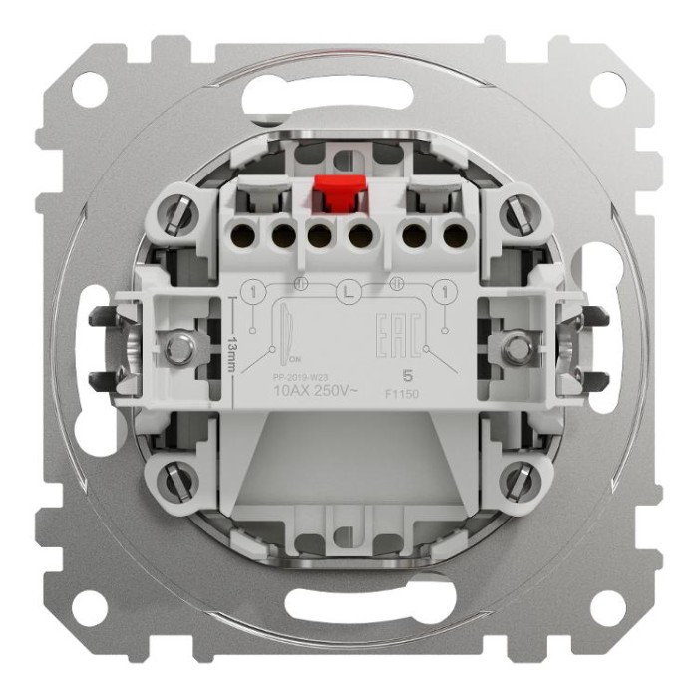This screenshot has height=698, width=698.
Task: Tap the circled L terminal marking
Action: [347, 293]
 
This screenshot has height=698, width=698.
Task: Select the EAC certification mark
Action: [393, 330]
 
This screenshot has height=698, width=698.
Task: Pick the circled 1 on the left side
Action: [253, 292]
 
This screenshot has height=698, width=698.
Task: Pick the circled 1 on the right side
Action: [440, 292]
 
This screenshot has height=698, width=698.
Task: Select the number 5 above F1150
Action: [405, 375]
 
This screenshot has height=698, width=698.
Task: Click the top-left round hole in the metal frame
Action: [91, 90]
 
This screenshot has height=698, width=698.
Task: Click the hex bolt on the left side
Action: [179, 348]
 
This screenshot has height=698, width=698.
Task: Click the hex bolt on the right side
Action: [516, 348]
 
